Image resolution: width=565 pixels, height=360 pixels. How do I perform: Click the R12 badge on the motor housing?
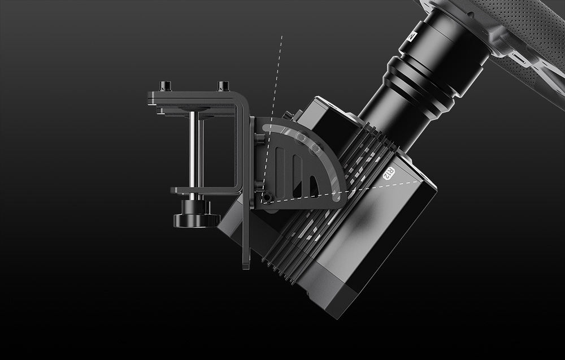coord(389,174)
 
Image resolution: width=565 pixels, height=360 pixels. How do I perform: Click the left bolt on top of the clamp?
coord(166,86)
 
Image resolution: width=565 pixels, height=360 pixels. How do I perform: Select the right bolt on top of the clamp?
coord(223,86)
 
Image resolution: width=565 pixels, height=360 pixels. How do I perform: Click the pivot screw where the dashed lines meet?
coord(267,197)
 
